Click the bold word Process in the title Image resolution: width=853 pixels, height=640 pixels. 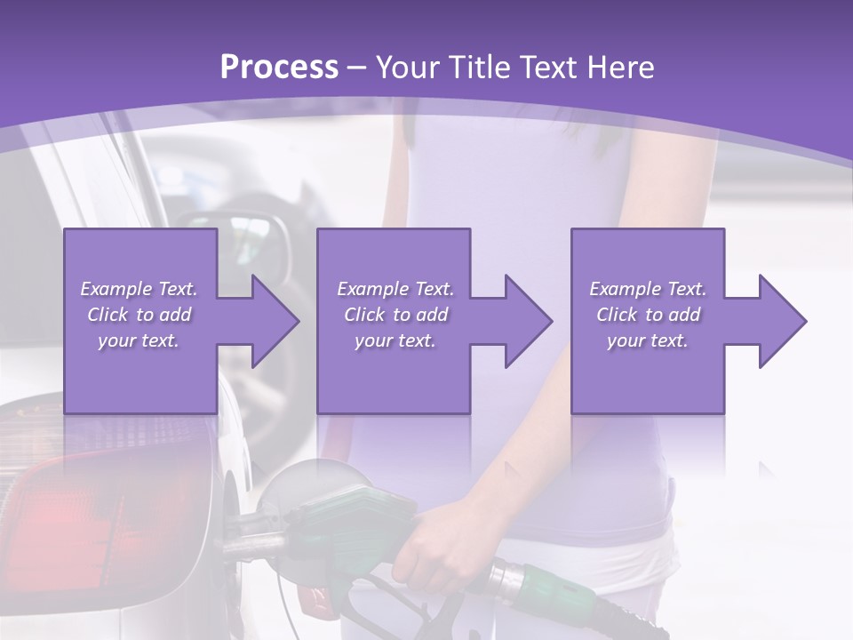[x=279, y=68]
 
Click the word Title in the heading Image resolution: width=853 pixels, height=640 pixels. [x=480, y=68]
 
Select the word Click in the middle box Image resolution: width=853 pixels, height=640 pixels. [x=363, y=315]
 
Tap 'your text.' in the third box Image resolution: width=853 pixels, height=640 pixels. [x=648, y=340]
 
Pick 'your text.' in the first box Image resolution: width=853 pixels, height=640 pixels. [x=139, y=340]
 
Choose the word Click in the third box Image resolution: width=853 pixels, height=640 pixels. [x=616, y=315]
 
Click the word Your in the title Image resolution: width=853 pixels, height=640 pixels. [x=408, y=68]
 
